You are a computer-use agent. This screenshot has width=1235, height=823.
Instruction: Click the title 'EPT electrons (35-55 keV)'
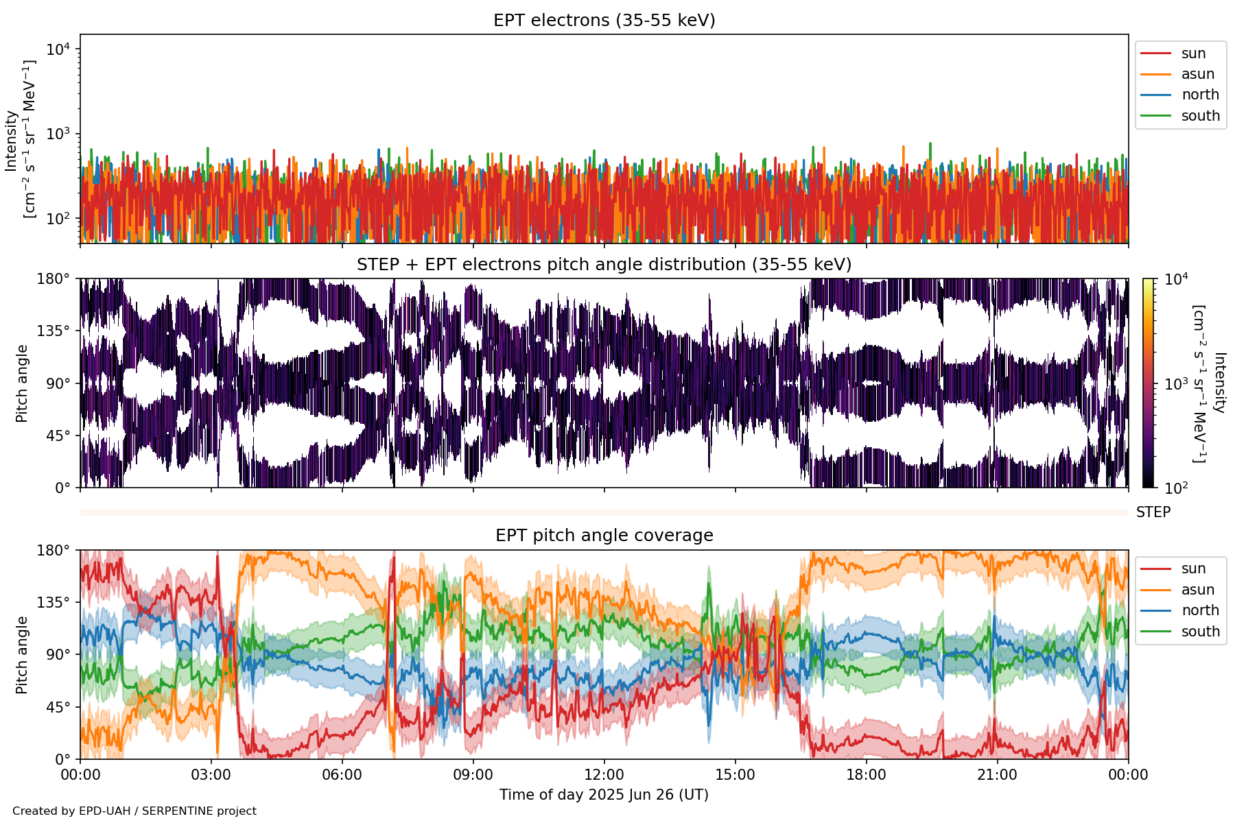coord(604,21)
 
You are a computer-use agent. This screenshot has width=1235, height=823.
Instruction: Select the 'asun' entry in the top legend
coord(1197,74)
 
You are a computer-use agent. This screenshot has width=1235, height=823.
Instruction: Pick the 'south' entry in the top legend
coord(1200,116)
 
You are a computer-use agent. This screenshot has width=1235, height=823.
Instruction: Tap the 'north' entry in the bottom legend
coord(1200,610)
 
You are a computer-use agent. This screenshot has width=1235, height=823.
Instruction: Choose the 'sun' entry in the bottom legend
coord(1193,569)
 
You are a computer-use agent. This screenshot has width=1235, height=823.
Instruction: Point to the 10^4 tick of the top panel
coord(58,49)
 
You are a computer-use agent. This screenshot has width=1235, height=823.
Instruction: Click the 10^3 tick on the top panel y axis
coord(58,134)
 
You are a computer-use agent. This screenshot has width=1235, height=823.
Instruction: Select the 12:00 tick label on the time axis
coord(604,775)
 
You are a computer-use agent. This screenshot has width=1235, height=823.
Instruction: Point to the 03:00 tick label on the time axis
coord(211,775)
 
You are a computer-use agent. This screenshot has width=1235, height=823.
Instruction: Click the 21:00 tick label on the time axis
coord(997,775)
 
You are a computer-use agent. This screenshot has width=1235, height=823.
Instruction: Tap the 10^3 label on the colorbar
coord(1176,383)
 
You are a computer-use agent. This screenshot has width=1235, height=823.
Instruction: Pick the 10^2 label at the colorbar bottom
coord(1176,488)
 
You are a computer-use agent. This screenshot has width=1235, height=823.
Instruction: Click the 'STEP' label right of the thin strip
coord(1153,512)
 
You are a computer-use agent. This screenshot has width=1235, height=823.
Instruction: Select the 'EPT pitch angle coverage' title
coord(604,536)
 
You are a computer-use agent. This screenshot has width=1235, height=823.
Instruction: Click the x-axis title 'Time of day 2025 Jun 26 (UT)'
coord(604,795)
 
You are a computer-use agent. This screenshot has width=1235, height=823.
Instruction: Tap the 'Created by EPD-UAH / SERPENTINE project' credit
coord(134,811)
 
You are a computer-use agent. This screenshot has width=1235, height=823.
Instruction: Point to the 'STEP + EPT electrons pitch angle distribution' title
coord(604,265)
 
